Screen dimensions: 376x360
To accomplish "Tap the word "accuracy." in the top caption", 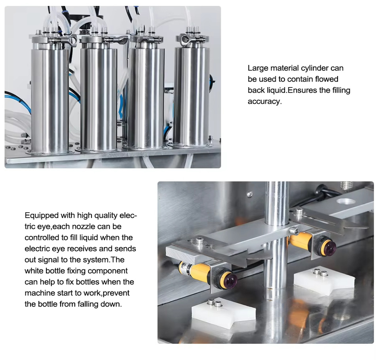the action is (265, 101).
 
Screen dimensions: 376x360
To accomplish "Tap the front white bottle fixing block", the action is (224, 314).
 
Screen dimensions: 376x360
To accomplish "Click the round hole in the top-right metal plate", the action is (346, 201).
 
